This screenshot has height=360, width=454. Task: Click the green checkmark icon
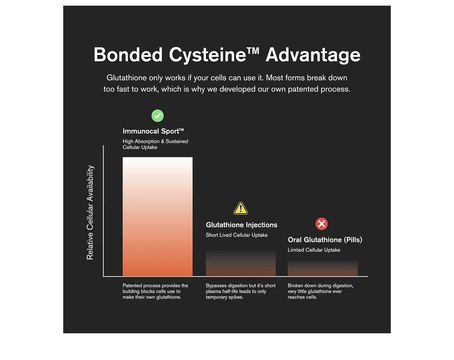coord(157,116)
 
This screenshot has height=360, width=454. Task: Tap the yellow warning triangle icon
coord(241,209)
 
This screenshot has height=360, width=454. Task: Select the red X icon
coord(322,224)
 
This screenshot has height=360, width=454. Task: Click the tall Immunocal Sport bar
coord(157,217)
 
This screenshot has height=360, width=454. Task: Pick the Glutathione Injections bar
coord(241,263)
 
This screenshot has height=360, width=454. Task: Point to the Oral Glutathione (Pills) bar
coord(323,268)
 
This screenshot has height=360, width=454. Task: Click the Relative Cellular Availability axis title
coord(90,212)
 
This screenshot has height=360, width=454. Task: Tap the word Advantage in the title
coord(313,55)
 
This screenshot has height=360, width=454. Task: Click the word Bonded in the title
coord(128,55)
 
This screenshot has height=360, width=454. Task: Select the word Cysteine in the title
coord(207,55)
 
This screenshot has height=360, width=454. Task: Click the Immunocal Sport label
coord(153,131)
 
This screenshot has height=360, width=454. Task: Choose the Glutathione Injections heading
coord(241,225)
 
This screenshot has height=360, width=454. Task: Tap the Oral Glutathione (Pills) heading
coord(325,240)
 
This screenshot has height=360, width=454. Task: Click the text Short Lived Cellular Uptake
coord(236,235)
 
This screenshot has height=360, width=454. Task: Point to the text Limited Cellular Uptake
coord(314,250)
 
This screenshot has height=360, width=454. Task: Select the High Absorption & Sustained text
coord(155,141)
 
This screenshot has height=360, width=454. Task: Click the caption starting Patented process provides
coord(155,291)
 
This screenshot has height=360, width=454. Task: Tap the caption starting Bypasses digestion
coord(241,291)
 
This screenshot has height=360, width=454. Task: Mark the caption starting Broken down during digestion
coord(320,291)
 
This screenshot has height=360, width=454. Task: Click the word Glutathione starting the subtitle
coord(126,78)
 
